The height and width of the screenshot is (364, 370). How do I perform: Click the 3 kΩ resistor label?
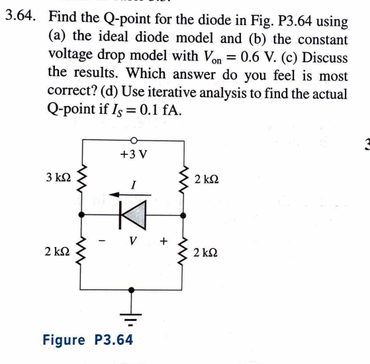pyautogui.click(x=54, y=178)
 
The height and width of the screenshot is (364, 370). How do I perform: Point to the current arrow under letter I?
pyautogui.click(x=126, y=195)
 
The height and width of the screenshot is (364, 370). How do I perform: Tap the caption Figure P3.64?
pyautogui.click(x=88, y=340)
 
